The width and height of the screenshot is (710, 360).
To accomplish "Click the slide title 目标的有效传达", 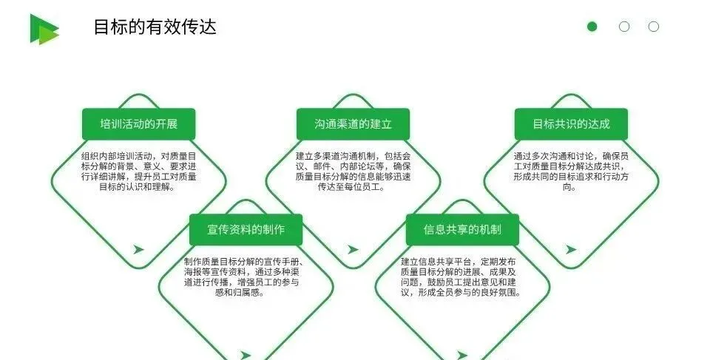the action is pyautogui.click(x=155, y=27).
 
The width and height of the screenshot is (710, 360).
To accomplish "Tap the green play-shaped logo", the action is pyautogui.click(x=44, y=29).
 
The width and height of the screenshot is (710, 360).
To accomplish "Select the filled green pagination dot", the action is pyautogui.click(x=592, y=27).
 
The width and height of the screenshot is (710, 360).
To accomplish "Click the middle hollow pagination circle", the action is pyautogui.click(x=624, y=27).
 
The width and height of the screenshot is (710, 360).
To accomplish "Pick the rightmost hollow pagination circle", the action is pyautogui.click(x=654, y=27).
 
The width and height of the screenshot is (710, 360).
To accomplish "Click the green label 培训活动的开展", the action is pyautogui.click(x=139, y=123).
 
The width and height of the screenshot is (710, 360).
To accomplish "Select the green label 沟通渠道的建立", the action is pyautogui.click(x=353, y=123).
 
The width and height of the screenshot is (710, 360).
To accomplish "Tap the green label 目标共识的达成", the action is pyautogui.click(x=571, y=123).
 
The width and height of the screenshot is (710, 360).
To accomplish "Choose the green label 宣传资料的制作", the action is pyautogui.click(x=246, y=229).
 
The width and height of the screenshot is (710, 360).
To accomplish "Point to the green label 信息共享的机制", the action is pyautogui.click(x=462, y=229).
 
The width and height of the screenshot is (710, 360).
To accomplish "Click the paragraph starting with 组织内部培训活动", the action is pyautogui.click(x=139, y=171).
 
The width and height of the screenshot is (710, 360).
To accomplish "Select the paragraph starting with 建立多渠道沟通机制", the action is pyautogui.click(x=353, y=171).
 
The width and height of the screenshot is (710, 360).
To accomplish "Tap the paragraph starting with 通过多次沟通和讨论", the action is pyautogui.click(x=571, y=171).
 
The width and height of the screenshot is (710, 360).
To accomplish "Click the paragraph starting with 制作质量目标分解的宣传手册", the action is pyautogui.click(x=246, y=276).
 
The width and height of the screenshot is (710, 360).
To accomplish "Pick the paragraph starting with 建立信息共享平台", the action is pyautogui.click(x=462, y=276).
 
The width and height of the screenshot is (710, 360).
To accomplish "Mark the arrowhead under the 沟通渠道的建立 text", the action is pyautogui.click(x=354, y=249).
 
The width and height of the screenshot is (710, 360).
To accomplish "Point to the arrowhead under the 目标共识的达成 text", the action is pyautogui.click(x=571, y=249).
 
